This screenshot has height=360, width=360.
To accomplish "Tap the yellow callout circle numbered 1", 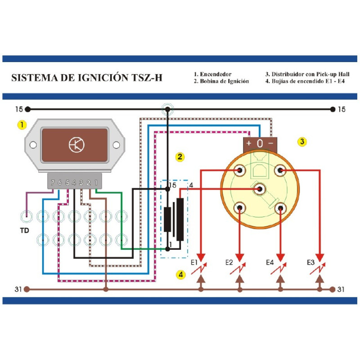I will pos(21,124).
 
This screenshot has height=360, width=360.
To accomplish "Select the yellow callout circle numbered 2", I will pos(180,157).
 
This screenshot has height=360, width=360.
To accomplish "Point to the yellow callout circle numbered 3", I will pos(302,141).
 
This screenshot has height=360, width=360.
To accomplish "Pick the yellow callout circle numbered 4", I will pos(180,274).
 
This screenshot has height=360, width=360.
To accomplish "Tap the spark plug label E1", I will pos(195,262).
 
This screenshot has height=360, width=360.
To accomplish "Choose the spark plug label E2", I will pos(229,262).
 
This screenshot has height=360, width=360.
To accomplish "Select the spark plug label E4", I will pos(270,262).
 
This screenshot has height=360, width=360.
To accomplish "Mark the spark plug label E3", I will pos(310,262).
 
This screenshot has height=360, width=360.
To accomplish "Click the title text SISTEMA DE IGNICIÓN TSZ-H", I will pos(86,77).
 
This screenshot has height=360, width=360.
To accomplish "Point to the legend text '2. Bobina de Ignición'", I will pos(221,81).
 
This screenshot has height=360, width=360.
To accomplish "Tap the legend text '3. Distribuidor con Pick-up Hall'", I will pos(308,74).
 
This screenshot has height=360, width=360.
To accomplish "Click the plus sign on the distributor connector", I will pos(249,144).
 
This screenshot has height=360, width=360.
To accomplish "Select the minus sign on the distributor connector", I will pos(271,144).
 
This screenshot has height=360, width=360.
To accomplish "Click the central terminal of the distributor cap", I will pos(260,189).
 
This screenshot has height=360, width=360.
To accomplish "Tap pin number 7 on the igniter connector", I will pos(53,182).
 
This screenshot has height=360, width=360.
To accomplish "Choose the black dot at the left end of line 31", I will pos(27,289).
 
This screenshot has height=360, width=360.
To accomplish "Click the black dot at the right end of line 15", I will pos(333,109).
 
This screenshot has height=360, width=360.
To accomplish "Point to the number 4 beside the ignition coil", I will pos(191,185).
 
